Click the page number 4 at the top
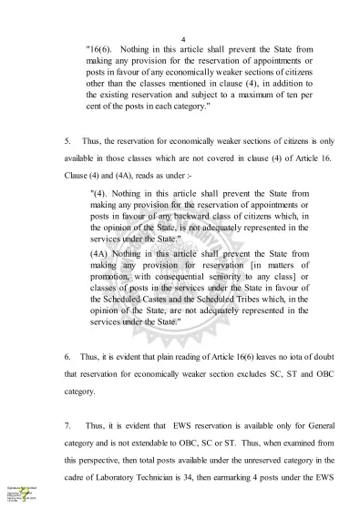183,39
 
